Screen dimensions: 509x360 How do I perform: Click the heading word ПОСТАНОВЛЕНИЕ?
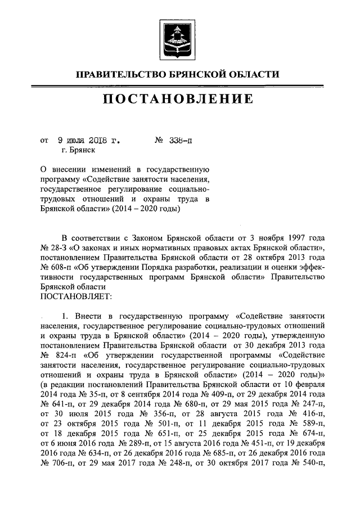[180, 100]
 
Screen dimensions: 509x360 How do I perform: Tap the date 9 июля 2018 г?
[88, 140]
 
